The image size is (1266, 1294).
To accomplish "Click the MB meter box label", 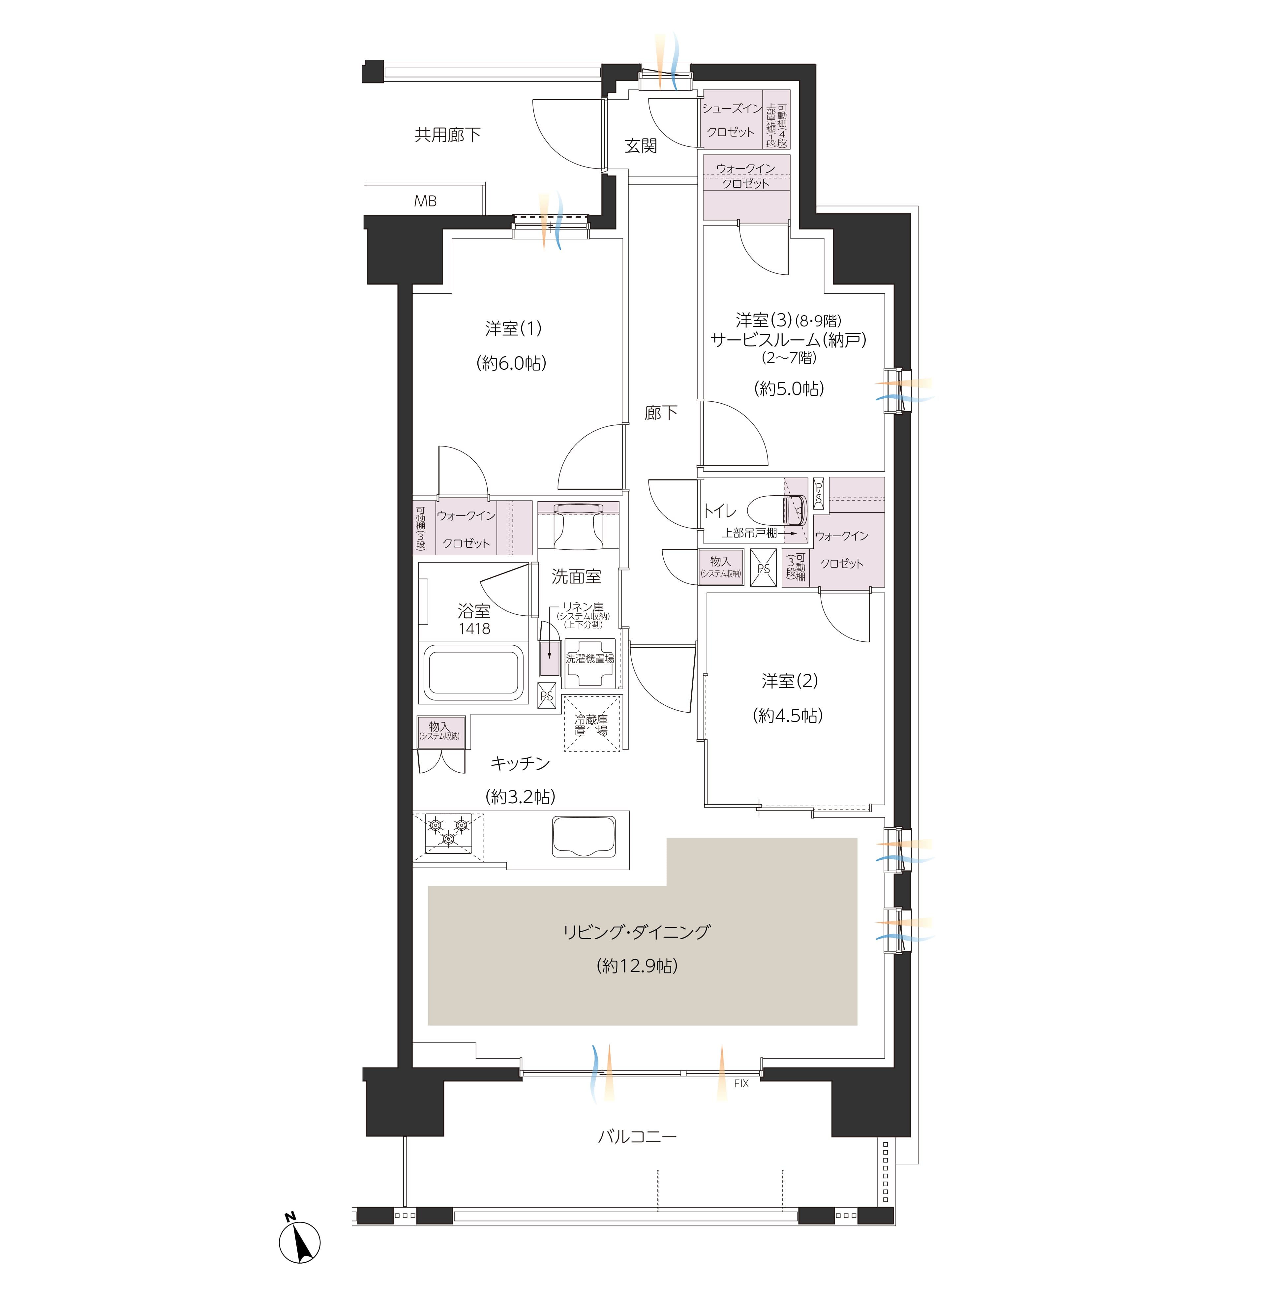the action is pyautogui.click(x=426, y=201).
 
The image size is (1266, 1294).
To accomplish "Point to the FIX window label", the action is pyautogui.click(x=741, y=1083).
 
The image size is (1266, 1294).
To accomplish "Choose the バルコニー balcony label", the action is pyautogui.click(x=637, y=1136).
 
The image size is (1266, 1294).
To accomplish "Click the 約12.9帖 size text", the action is pyautogui.click(x=637, y=966).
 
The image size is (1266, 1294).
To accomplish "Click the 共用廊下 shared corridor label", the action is pyautogui.click(x=447, y=135).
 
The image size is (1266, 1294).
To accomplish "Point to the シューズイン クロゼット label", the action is pyautogui.click(x=731, y=120).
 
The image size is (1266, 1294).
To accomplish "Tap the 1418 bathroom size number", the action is pyautogui.click(x=474, y=629).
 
